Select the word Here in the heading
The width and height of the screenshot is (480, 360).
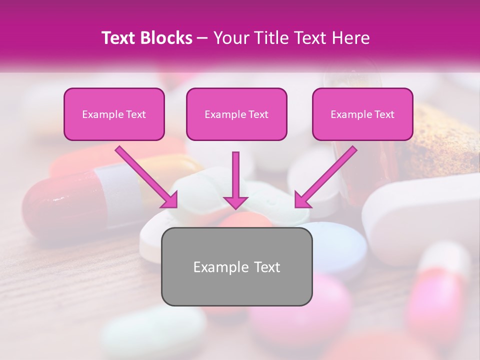pos(349,38)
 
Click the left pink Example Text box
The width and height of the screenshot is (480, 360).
pos(114,114)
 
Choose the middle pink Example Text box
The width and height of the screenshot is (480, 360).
pos(236,114)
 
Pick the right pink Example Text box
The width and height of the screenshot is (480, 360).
pos(362,114)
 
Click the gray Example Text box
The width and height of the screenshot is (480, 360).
pos(236,266)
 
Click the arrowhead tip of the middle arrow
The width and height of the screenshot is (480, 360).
pos(236,207)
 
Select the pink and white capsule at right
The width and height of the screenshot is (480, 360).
pos(440,285)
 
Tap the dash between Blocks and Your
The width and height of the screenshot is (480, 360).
pos(203,38)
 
